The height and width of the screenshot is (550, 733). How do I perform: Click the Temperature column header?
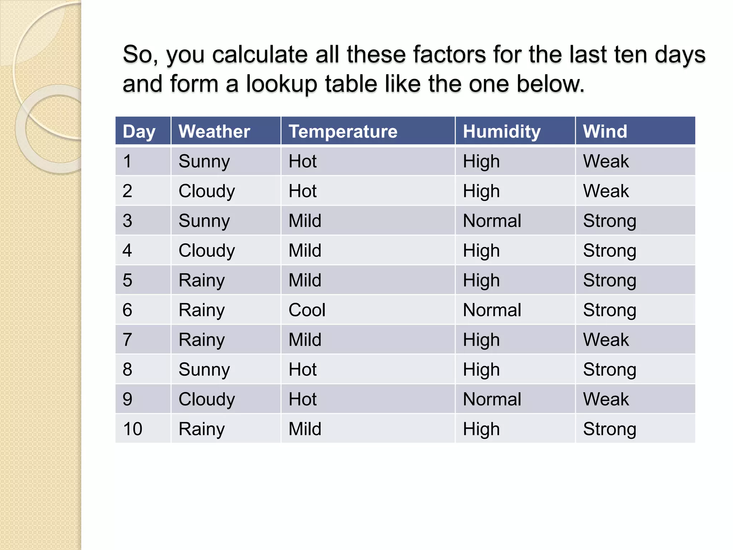click(x=343, y=131)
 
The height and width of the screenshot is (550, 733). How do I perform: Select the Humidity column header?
click(x=501, y=131)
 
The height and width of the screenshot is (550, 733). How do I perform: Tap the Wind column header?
click(x=605, y=131)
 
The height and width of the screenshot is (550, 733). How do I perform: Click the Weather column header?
click(x=214, y=131)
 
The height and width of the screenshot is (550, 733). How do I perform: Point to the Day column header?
click(x=139, y=131)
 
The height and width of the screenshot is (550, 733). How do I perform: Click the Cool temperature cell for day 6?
click(x=307, y=310)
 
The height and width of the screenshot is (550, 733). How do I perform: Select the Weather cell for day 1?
click(x=204, y=161)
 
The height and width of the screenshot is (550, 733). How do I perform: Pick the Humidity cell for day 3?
click(x=492, y=221)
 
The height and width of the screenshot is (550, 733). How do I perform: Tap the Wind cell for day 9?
click(x=606, y=399)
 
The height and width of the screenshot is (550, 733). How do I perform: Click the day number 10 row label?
click(x=132, y=429)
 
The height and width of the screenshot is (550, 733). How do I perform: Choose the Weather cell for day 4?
click(x=207, y=250)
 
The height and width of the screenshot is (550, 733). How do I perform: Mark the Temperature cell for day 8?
click(x=302, y=369)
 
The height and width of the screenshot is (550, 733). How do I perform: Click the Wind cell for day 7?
click(x=606, y=339)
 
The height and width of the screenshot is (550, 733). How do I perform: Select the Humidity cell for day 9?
click(x=492, y=399)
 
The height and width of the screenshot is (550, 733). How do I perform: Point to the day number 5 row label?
click(x=127, y=280)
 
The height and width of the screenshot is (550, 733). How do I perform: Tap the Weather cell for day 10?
click(x=202, y=429)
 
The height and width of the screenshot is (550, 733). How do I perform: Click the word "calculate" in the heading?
click(x=260, y=54)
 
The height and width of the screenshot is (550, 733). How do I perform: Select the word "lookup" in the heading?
click(x=281, y=84)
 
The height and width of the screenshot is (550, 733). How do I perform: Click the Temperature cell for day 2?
click(x=302, y=191)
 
